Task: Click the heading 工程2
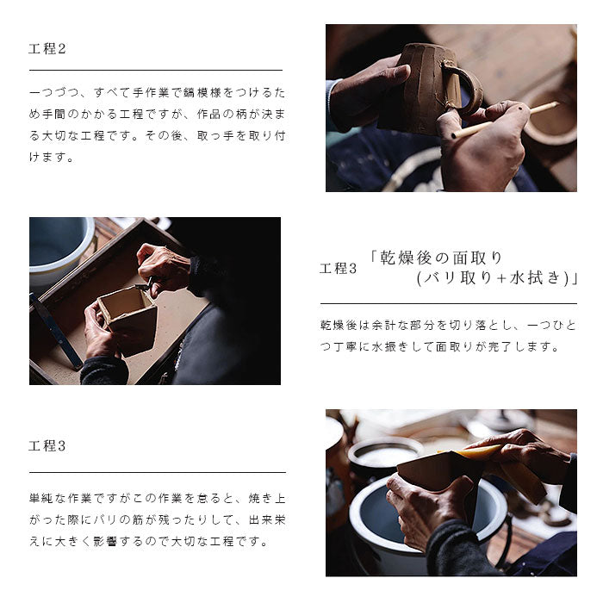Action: point(47,49)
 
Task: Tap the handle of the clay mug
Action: point(465,86)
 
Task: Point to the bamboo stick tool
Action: point(505,120)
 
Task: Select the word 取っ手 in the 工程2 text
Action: point(216,136)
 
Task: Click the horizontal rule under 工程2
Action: point(156,71)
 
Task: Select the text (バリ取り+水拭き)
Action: point(492,278)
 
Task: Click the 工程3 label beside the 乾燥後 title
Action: point(338,268)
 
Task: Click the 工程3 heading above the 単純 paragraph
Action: point(47,445)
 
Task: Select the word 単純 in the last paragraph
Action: point(41,499)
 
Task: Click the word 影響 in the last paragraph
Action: point(107,542)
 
